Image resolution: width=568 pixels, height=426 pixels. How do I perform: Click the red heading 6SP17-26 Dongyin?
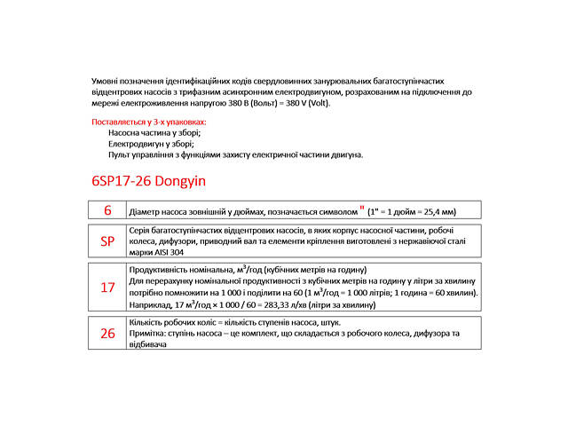pyautogui.click(x=148, y=181)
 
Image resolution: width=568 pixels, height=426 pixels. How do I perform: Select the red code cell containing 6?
pyautogui.click(x=107, y=210)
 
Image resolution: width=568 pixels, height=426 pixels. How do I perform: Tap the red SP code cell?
pyautogui.click(x=107, y=241)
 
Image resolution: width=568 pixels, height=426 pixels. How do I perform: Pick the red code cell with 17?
pyautogui.click(x=107, y=288)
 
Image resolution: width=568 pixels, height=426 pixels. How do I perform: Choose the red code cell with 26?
pyautogui.click(x=107, y=333)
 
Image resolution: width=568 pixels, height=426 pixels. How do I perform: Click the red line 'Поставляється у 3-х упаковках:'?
pyautogui.click(x=149, y=121)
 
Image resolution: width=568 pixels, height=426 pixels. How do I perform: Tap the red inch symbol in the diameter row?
pyautogui.click(x=362, y=209)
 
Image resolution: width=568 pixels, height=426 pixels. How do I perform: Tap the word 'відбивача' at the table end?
pyautogui.click(x=147, y=344)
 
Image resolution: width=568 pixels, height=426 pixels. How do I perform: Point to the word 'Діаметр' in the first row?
pyautogui.click(x=146, y=213)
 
